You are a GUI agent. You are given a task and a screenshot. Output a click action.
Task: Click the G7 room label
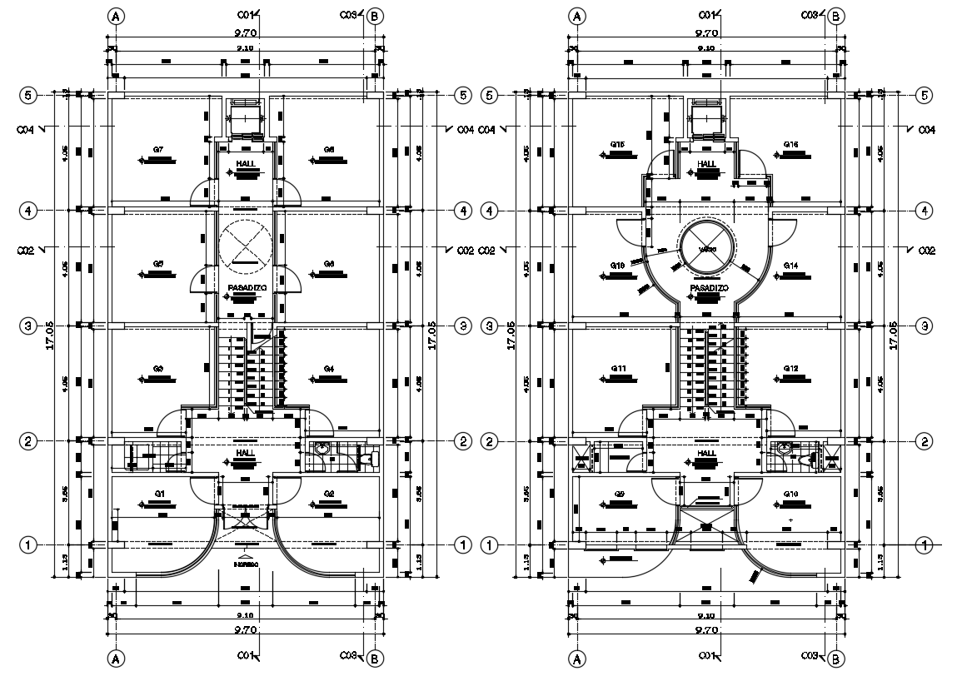pos(157,149)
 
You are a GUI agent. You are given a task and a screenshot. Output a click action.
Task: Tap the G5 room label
pos(157,264)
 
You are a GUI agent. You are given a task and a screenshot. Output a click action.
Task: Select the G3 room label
pos(157,368)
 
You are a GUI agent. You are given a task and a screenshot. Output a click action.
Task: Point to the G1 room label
pos(159,495)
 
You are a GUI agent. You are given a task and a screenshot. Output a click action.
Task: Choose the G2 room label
pos(329,495)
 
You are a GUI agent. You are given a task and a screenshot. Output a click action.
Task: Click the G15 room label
pos(617,144)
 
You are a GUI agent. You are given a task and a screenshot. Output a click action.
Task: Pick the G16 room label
pos(790,144)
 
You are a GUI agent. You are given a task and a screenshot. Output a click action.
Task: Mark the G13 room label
pos(617,265)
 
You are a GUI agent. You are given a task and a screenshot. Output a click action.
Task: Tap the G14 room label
pos(790,265)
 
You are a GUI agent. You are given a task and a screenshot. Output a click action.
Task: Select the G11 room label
pos(617,368)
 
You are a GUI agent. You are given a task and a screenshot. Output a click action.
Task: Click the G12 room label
pos(790,368)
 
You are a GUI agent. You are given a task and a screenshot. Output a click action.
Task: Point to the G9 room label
pos(619,495)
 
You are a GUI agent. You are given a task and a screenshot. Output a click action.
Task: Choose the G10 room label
pos(790,495)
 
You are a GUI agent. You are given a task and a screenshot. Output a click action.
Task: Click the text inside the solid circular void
pos(707,248)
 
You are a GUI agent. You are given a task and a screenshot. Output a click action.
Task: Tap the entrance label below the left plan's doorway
pos(245,564)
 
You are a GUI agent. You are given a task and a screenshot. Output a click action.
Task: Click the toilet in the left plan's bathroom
pos(364,456)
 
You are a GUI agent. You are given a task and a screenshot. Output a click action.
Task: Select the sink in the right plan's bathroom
pos(783,447)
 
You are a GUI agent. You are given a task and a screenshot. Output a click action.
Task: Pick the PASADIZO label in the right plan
pos(709,288)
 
